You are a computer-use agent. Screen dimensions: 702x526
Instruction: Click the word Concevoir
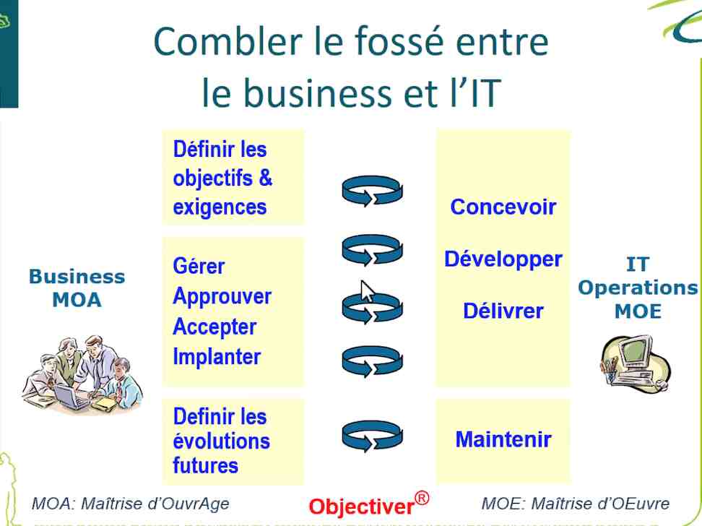tap(503, 207)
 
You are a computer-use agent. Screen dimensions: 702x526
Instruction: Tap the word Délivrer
tap(503, 311)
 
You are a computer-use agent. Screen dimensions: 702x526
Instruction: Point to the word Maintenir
tap(503, 439)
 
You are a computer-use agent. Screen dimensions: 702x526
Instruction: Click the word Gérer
tap(199, 267)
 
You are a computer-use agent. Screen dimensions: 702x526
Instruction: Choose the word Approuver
tap(222, 297)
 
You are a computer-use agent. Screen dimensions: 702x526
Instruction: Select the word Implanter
tap(217, 357)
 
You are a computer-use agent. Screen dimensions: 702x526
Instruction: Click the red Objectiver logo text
tap(361, 506)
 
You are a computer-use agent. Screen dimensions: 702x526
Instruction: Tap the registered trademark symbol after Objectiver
tap(422, 498)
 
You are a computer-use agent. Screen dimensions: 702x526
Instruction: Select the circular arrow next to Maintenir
tap(372, 436)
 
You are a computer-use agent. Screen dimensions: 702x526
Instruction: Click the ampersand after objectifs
tap(265, 178)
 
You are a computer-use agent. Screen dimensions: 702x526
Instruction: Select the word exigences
tap(220, 207)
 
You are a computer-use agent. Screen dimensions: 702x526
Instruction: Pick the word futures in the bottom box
tap(206, 465)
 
